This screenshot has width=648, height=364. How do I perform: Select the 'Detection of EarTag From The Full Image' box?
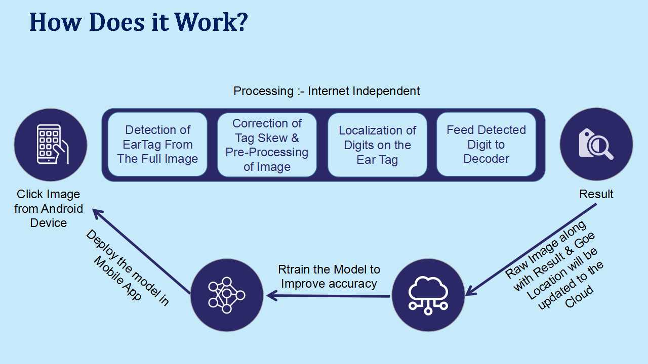(157, 145)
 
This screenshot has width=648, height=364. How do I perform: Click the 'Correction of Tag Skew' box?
(267, 145)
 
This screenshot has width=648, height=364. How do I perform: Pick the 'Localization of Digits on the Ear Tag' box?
(377, 145)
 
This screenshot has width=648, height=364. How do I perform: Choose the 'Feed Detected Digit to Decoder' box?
(486, 145)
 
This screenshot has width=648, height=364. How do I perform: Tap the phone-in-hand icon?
(52, 144)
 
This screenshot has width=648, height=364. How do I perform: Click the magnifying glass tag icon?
(596, 144)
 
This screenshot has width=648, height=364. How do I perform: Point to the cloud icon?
(428, 295)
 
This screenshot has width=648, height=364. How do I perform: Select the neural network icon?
(226, 295)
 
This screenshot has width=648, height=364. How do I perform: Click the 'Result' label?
(596, 194)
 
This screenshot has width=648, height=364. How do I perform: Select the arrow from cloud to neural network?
(328, 296)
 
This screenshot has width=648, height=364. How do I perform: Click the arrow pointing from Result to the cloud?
(531, 250)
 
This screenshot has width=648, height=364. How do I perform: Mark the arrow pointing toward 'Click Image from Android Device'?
(141, 251)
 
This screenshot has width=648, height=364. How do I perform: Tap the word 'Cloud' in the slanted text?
(579, 297)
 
